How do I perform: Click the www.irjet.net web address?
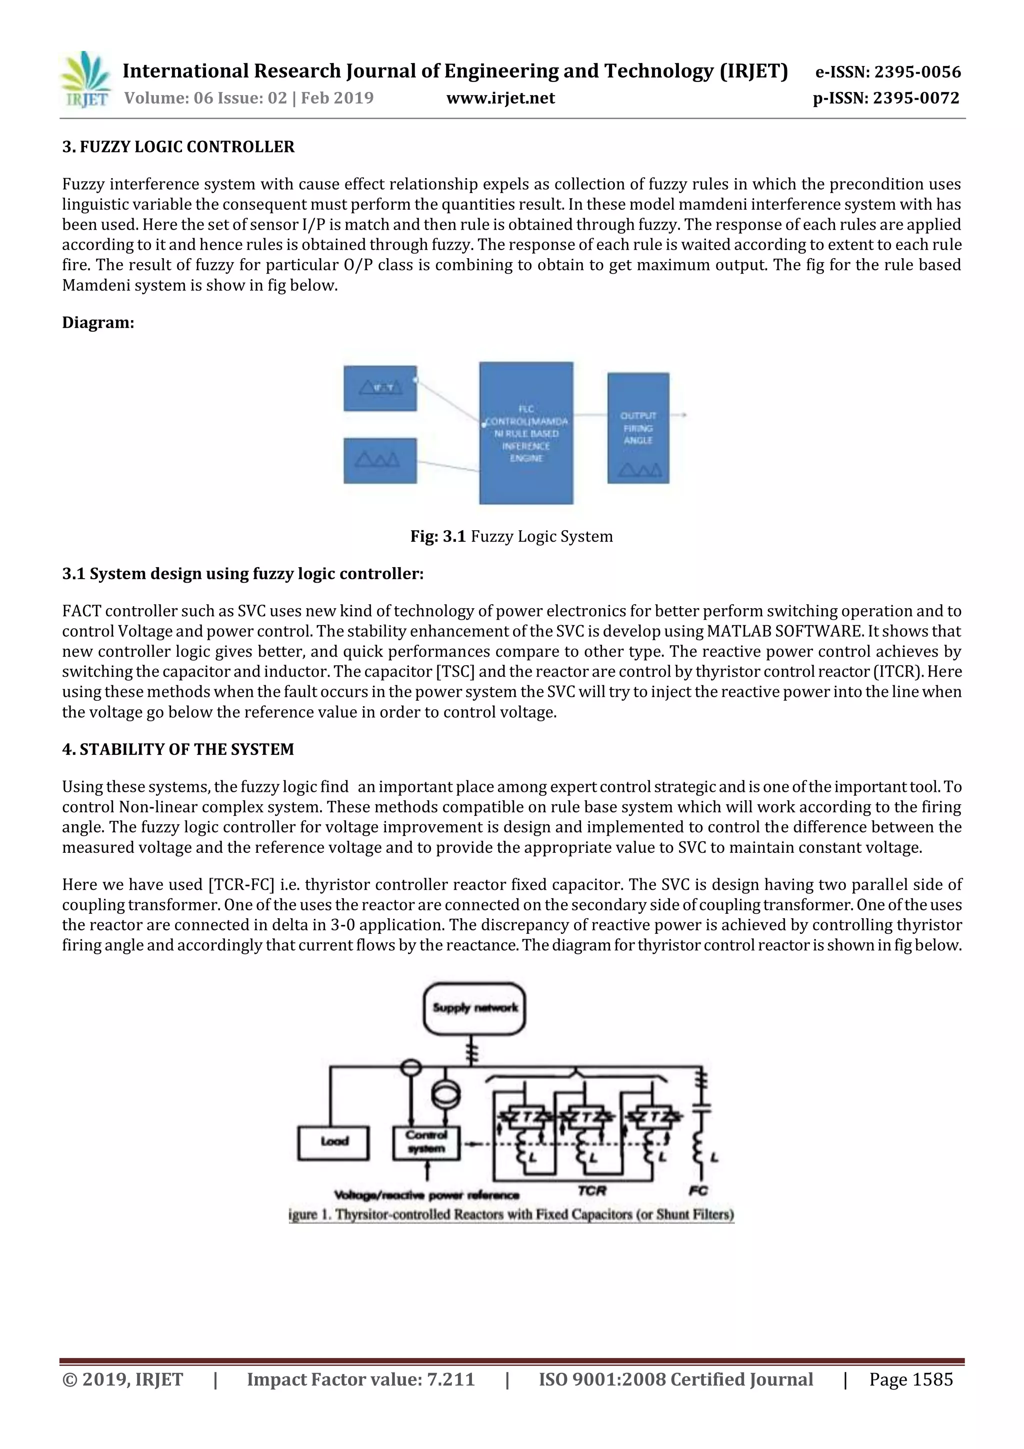(x=500, y=99)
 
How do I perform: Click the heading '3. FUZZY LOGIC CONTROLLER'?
(x=178, y=147)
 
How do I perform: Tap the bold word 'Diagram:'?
(x=98, y=323)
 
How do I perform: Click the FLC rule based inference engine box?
(x=525, y=433)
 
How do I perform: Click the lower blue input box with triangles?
(x=380, y=461)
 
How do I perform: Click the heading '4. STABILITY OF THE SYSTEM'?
(x=178, y=750)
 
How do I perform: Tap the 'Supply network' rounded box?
(x=474, y=1008)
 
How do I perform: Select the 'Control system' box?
(x=426, y=1142)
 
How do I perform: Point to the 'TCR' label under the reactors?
(x=592, y=1191)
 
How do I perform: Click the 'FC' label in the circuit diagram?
(x=698, y=1191)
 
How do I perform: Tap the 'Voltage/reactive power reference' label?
(x=426, y=1195)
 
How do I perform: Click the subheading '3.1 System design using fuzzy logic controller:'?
(x=242, y=574)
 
